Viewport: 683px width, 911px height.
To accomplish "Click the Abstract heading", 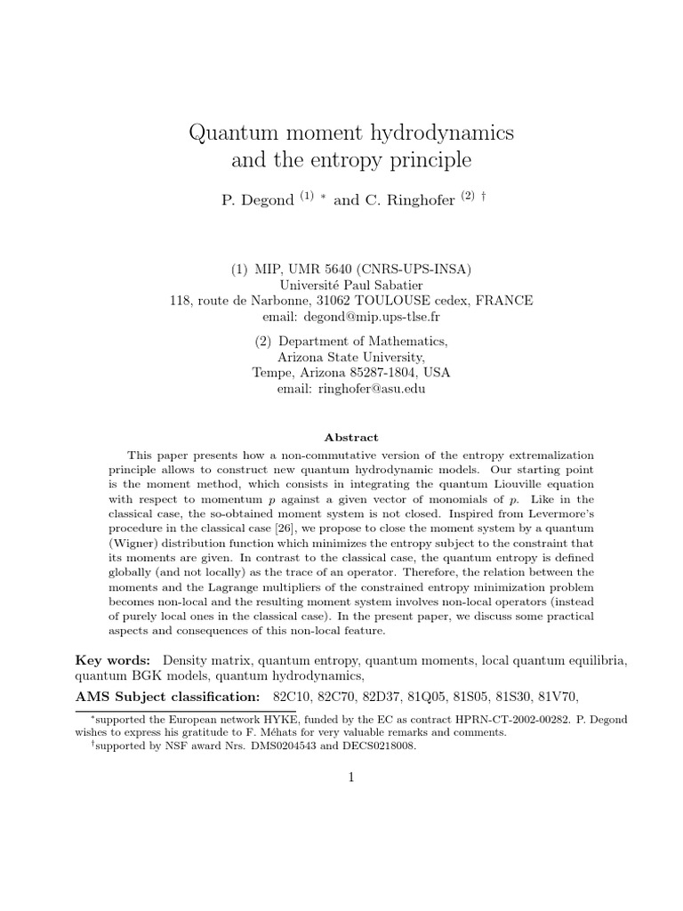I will pos(351,438).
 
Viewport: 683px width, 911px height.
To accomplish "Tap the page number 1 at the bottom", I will pos(351,778).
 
